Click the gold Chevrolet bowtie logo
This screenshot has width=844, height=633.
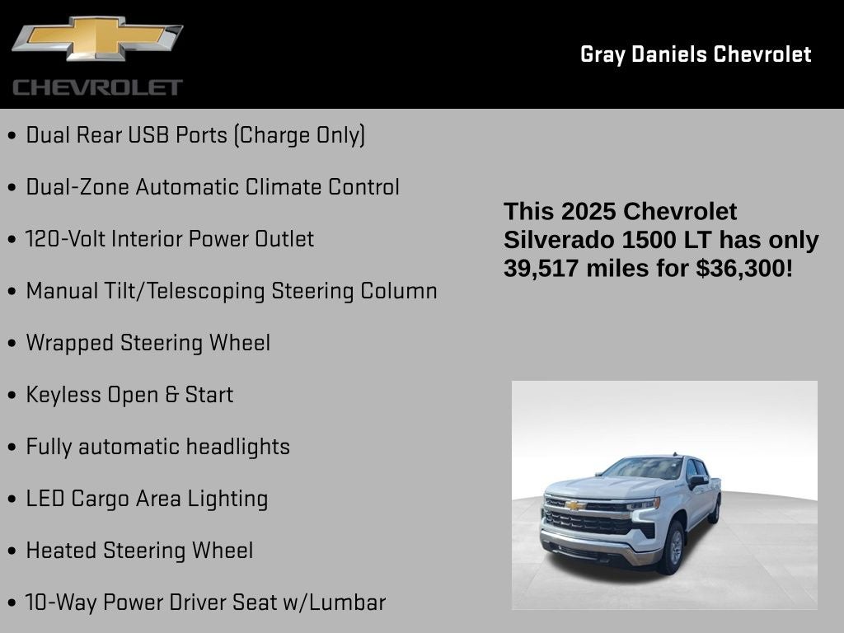(x=96, y=40)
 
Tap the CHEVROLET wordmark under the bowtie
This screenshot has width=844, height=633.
(x=97, y=87)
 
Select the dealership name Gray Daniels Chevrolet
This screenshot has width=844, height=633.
(x=696, y=54)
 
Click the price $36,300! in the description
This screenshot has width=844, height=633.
(x=744, y=268)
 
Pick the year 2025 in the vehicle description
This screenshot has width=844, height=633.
(x=588, y=212)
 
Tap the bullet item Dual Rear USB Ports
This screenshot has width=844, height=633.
(x=195, y=135)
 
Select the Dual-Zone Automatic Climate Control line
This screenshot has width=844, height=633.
(x=213, y=187)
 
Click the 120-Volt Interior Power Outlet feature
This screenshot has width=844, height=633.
(x=170, y=239)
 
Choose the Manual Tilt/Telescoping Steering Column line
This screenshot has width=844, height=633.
(x=232, y=291)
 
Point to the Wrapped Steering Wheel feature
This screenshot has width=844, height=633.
(x=148, y=343)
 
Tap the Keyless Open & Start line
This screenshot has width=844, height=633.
(x=129, y=395)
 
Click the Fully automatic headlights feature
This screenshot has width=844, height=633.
(x=158, y=447)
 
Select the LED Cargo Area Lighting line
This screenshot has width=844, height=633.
(x=147, y=499)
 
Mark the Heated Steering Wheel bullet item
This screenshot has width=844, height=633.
(x=139, y=551)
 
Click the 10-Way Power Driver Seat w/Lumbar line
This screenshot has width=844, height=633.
(x=205, y=603)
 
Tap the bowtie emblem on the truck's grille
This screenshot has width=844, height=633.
(x=574, y=505)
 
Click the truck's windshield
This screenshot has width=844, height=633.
(x=644, y=469)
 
